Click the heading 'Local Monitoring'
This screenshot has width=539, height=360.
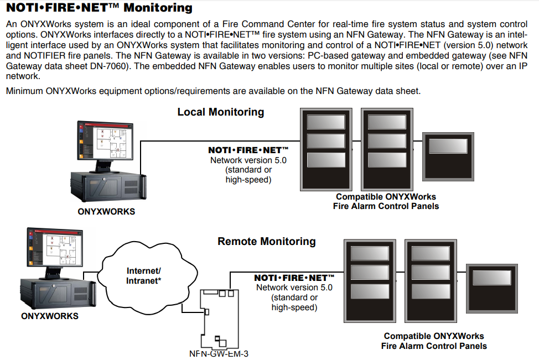pyautogui.click(x=221, y=112)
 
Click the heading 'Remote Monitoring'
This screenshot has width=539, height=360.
pyautogui.click(x=266, y=241)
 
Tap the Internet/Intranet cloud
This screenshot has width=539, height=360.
pyautogui.click(x=148, y=278)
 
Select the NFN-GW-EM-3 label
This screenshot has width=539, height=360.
pyautogui.click(x=219, y=353)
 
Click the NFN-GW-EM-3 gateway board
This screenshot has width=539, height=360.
pyautogui.click(x=219, y=319)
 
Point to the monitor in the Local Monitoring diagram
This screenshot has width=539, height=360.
pyautogui.click(x=105, y=146)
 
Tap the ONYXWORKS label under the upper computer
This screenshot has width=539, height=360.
pyautogui.click(x=106, y=212)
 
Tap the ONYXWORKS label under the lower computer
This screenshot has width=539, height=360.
pyautogui.click(x=50, y=316)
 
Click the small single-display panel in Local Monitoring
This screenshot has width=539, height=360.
pyautogui.click(x=448, y=156)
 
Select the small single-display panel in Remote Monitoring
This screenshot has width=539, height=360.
pyautogui.click(x=492, y=289)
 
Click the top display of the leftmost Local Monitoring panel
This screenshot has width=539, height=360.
pyautogui.click(x=326, y=122)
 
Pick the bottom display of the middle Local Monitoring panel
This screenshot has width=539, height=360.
pyautogui.click(x=387, y=160)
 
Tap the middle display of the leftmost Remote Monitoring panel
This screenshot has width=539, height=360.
pyautogui.click(x=370, y=273)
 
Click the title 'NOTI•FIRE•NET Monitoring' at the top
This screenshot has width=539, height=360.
pyautogui.click(x=100, y=8)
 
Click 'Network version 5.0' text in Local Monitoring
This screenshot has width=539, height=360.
pyautogui.click(x=248, y=160)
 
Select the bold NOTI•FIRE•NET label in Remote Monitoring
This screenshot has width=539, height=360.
pyautogui.click(x=294, y=278)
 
